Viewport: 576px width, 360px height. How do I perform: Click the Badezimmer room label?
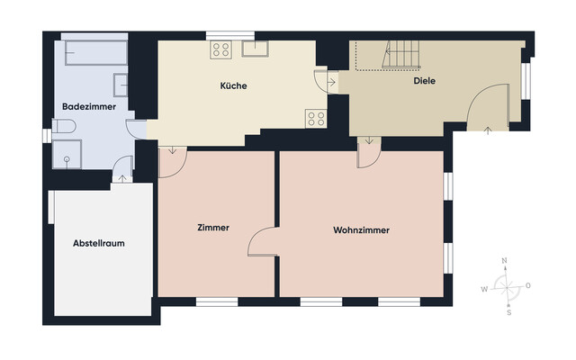pos(85,107)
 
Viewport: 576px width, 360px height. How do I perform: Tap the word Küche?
pos(233,86)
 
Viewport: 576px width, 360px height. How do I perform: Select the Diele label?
pos(425,80)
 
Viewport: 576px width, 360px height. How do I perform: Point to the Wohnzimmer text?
pos(361,230)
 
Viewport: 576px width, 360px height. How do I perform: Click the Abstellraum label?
pos(97,244)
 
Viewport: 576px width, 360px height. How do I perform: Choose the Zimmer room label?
pos(212,228)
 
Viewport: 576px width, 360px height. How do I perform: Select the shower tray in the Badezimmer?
pos(62,161)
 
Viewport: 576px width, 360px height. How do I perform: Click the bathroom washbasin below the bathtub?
pos(120,84)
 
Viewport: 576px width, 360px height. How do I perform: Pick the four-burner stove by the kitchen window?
pos(221,49)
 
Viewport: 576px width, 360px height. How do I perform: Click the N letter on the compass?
pos(505,260)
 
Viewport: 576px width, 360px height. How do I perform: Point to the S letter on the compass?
pos(508,312)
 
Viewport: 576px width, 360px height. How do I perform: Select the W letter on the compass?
pos(484,289)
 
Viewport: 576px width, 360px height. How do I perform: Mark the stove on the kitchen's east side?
pos(315,116)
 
